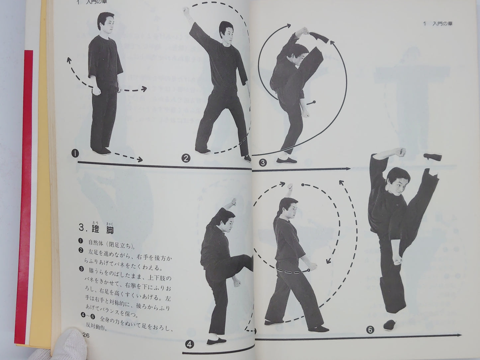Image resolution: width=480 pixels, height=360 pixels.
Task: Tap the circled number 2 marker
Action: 185,158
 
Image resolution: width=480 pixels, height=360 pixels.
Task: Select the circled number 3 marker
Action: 263,162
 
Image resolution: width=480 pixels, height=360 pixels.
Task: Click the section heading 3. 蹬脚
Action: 96,229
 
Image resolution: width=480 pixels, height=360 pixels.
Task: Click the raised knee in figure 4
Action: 244,261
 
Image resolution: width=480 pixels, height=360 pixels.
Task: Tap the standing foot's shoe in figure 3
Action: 286,161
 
